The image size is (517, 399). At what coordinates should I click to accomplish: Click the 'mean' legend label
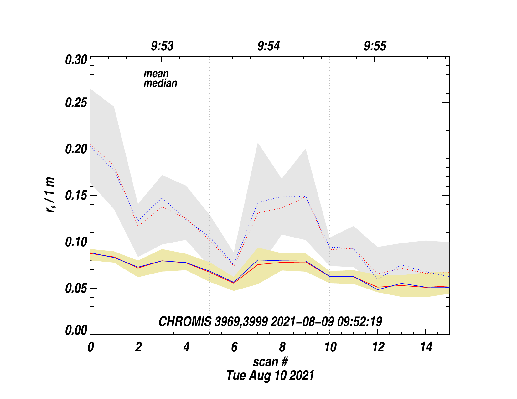tap(156, 74)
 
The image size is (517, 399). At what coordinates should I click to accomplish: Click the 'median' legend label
tap(160, 83)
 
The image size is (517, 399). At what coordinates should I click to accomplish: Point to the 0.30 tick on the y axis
tap(76, 60)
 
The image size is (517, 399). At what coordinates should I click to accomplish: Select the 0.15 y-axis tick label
tap(76, 196)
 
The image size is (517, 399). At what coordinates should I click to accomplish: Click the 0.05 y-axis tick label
tap(76, 288)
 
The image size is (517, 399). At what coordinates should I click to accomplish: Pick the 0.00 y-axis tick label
tap(76, 330)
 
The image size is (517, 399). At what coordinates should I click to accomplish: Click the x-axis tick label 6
tap(234, 347)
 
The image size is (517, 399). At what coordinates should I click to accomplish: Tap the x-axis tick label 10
tap(330, 347)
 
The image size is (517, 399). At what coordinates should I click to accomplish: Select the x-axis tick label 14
tap(426, 347)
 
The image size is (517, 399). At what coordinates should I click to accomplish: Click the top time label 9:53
tap(162, 46)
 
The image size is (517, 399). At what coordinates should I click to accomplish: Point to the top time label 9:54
tap(269, 46)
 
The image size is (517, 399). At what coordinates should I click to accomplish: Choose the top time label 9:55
tap(375, 46)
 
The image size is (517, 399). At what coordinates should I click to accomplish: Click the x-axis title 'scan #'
tap(270, 362)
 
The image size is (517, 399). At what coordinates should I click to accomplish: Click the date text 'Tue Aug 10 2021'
tap(270, 375)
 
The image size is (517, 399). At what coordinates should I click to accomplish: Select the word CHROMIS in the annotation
tap(185, 322)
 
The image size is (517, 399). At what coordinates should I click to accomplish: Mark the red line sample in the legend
tap(118, 74)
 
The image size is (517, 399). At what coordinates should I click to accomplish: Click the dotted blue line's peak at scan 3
tap(162, 198)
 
